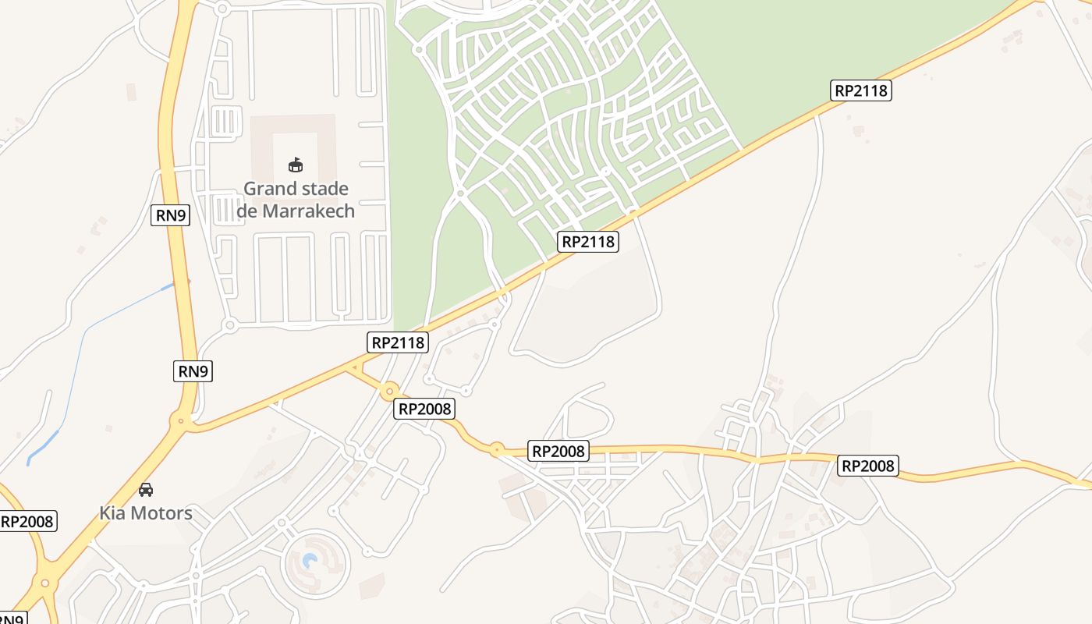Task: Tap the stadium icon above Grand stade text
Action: [296, 165]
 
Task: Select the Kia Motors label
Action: [145, 513]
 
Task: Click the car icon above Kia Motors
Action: [146, 490]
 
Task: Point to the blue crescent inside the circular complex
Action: [310, 561]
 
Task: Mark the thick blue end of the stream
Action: [43, 447]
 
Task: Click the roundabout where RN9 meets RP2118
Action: [182, 421]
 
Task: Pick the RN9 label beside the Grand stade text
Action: [170, 214]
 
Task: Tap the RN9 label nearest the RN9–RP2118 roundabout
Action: [193, 371]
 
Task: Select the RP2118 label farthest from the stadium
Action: [861, 90]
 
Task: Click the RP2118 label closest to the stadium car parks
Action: [398, 342]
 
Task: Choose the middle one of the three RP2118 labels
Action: [588, 242]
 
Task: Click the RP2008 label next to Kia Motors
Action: [28, 521]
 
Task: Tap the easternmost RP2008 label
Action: [868, 466]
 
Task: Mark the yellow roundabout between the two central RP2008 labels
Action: [496, 449]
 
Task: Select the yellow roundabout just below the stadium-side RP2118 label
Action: [389, 390]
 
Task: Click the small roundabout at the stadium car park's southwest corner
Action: [229, 324]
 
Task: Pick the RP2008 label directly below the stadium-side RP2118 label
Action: [424, 408]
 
